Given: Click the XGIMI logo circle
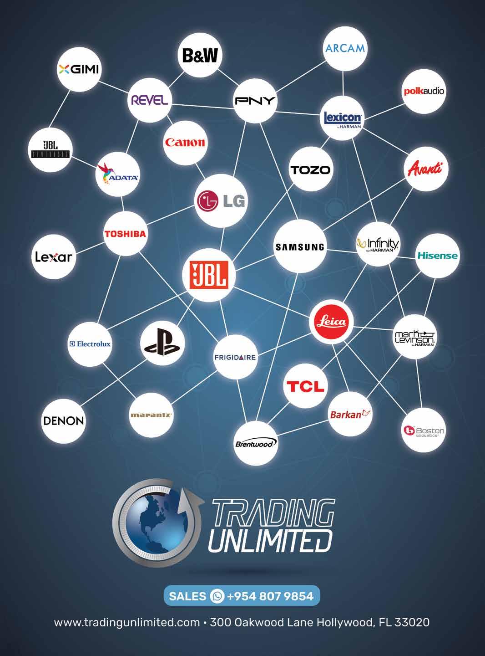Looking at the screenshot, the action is click(79, 69).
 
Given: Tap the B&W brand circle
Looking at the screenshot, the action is click(200, 55).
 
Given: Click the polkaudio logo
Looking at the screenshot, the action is click(424, 91).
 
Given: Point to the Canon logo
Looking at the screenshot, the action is click(185, 142).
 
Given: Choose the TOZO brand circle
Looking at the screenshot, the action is click(311, 170).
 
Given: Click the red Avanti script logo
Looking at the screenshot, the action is click(426, 169).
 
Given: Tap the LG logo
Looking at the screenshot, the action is click(222, 201).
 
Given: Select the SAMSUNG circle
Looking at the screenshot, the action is click(300, 247).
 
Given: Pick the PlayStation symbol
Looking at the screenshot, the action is click(162, 343).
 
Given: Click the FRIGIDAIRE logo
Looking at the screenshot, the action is click(235, 357).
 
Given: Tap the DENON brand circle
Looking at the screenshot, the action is click(63, 420).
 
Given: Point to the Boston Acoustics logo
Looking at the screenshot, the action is click(424, 430).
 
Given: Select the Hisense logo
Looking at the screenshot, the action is click(437, 256).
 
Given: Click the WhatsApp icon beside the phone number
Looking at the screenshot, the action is click(217, 596).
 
